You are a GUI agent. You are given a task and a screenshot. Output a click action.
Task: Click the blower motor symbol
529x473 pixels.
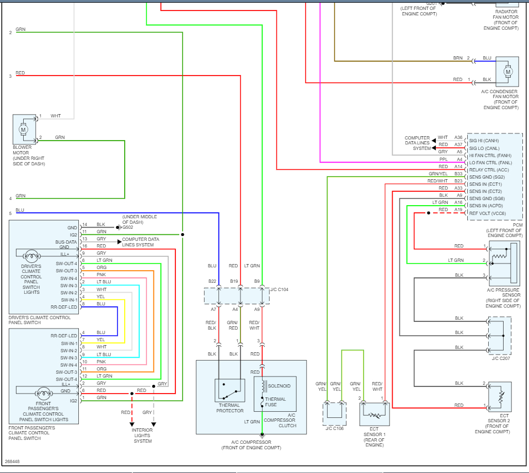[24, 130]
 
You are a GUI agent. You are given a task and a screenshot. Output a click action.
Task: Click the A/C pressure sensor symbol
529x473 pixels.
[504, 263]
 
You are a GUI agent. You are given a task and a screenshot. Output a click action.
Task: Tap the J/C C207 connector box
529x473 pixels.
[500, 335]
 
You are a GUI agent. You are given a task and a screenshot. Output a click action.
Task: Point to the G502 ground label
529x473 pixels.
[127, 227]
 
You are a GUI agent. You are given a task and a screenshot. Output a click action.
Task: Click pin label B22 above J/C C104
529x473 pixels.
[212, 281]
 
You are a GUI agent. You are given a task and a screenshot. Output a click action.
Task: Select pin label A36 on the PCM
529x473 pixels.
[458, 137]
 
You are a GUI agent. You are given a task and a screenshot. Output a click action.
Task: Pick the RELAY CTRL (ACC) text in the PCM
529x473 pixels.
[488, 170]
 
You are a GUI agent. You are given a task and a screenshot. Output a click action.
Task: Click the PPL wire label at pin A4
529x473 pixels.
[443, 159]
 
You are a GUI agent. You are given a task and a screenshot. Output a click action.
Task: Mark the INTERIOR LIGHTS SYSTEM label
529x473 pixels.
[142, 436]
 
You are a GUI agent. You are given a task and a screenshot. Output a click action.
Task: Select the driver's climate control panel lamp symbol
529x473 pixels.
[31, 255]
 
